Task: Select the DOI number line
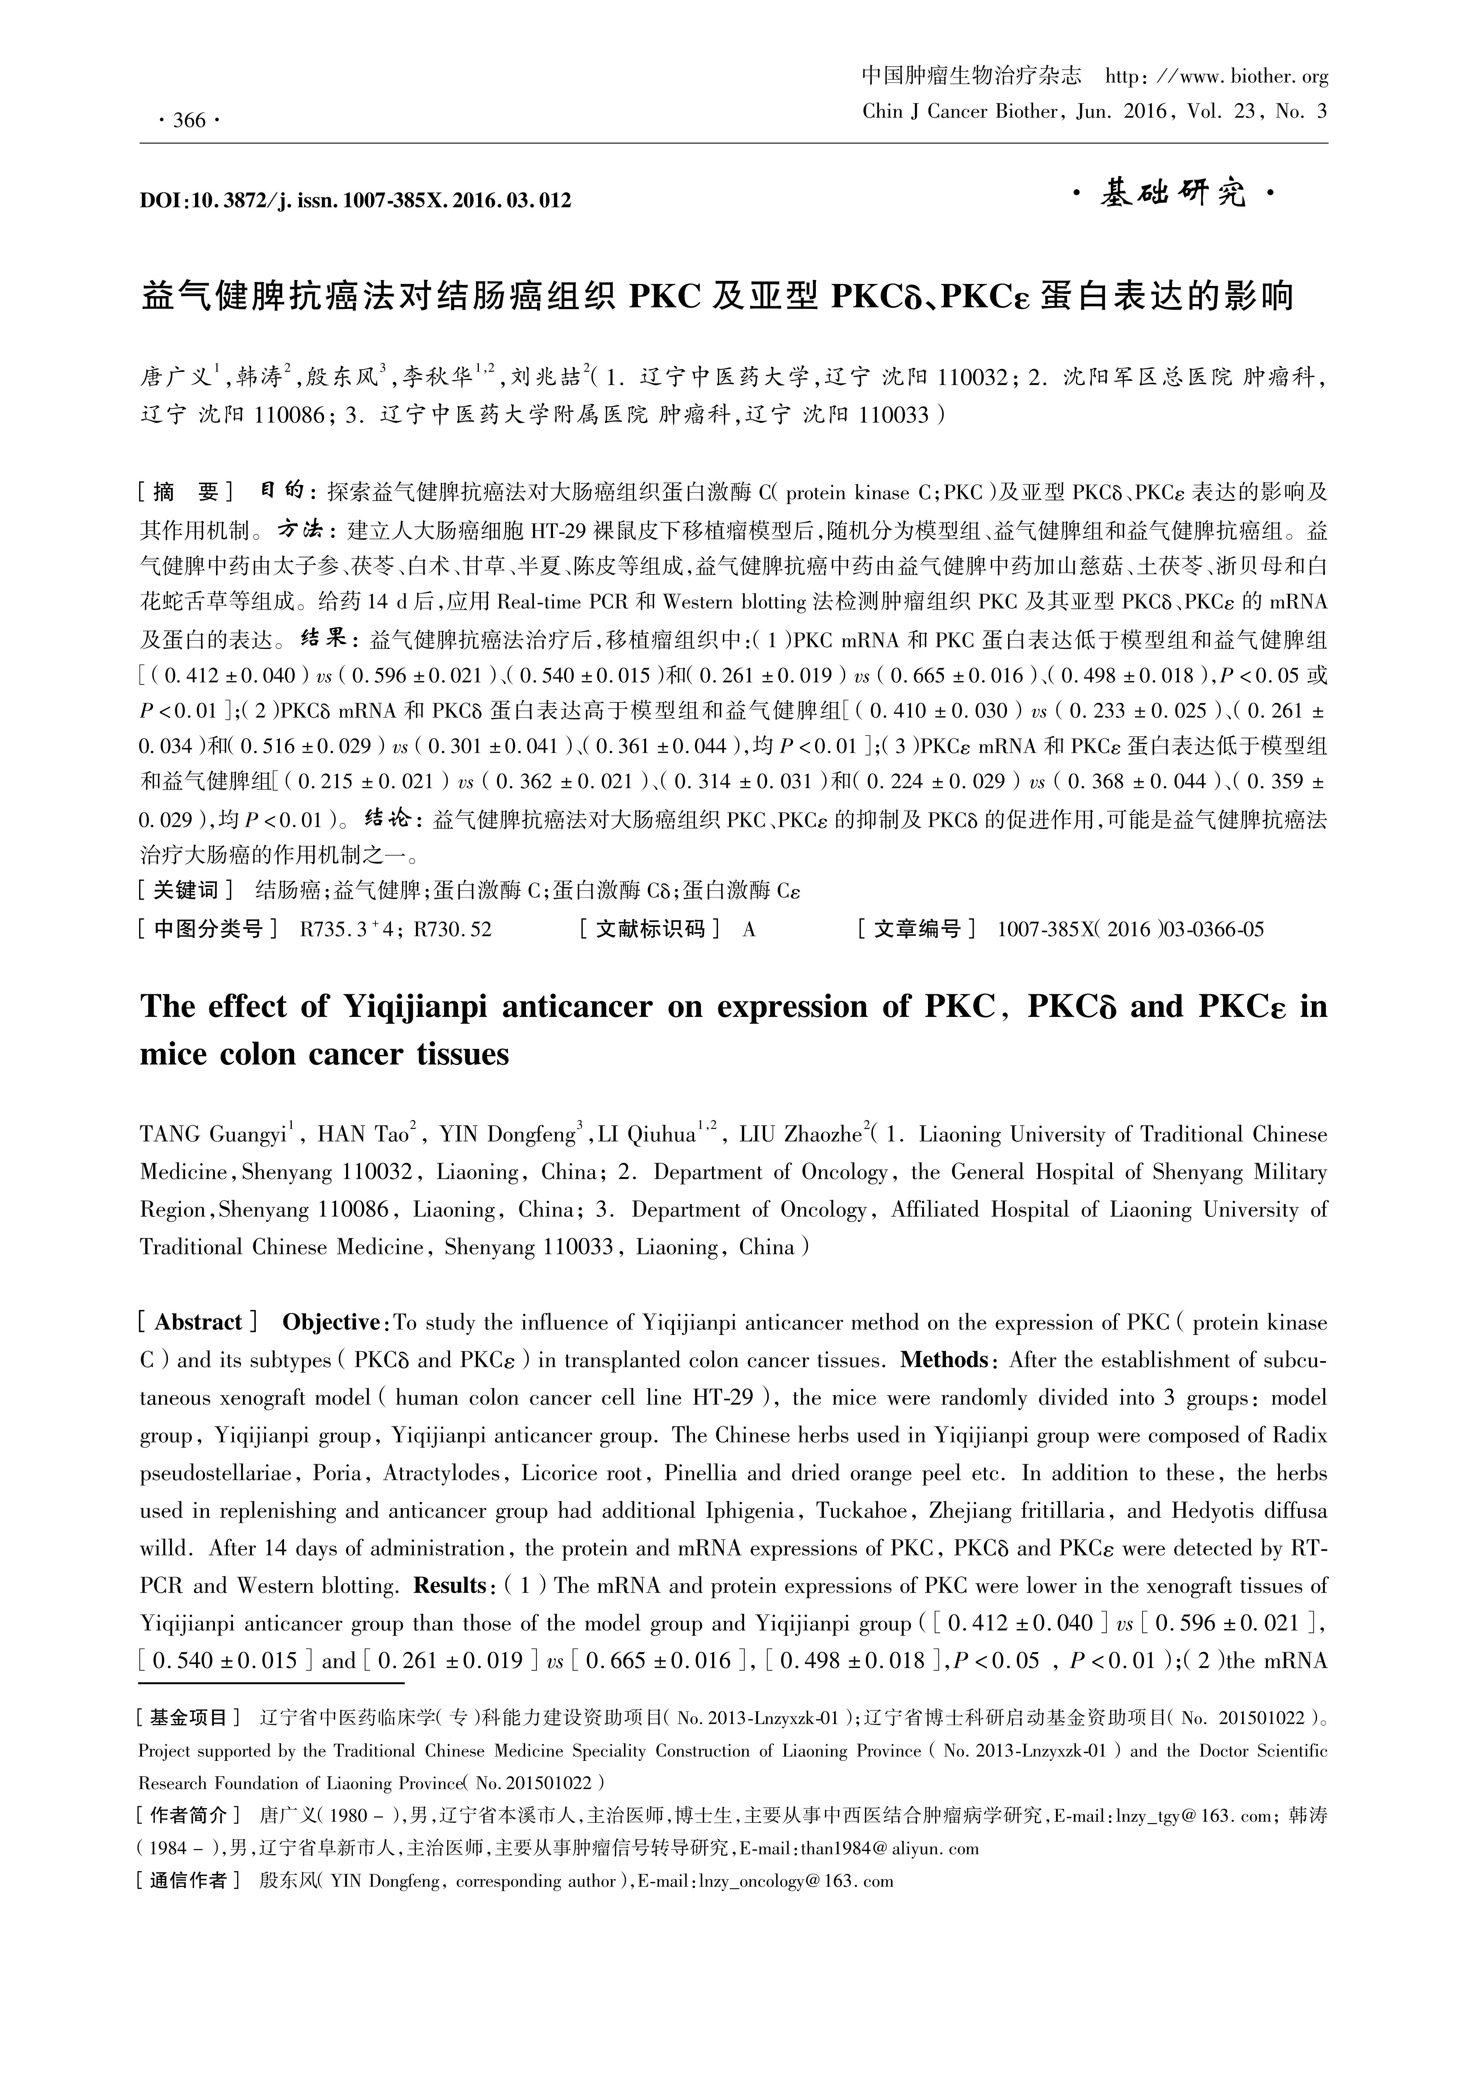pos(356,200)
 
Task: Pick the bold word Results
pos(450,1586)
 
